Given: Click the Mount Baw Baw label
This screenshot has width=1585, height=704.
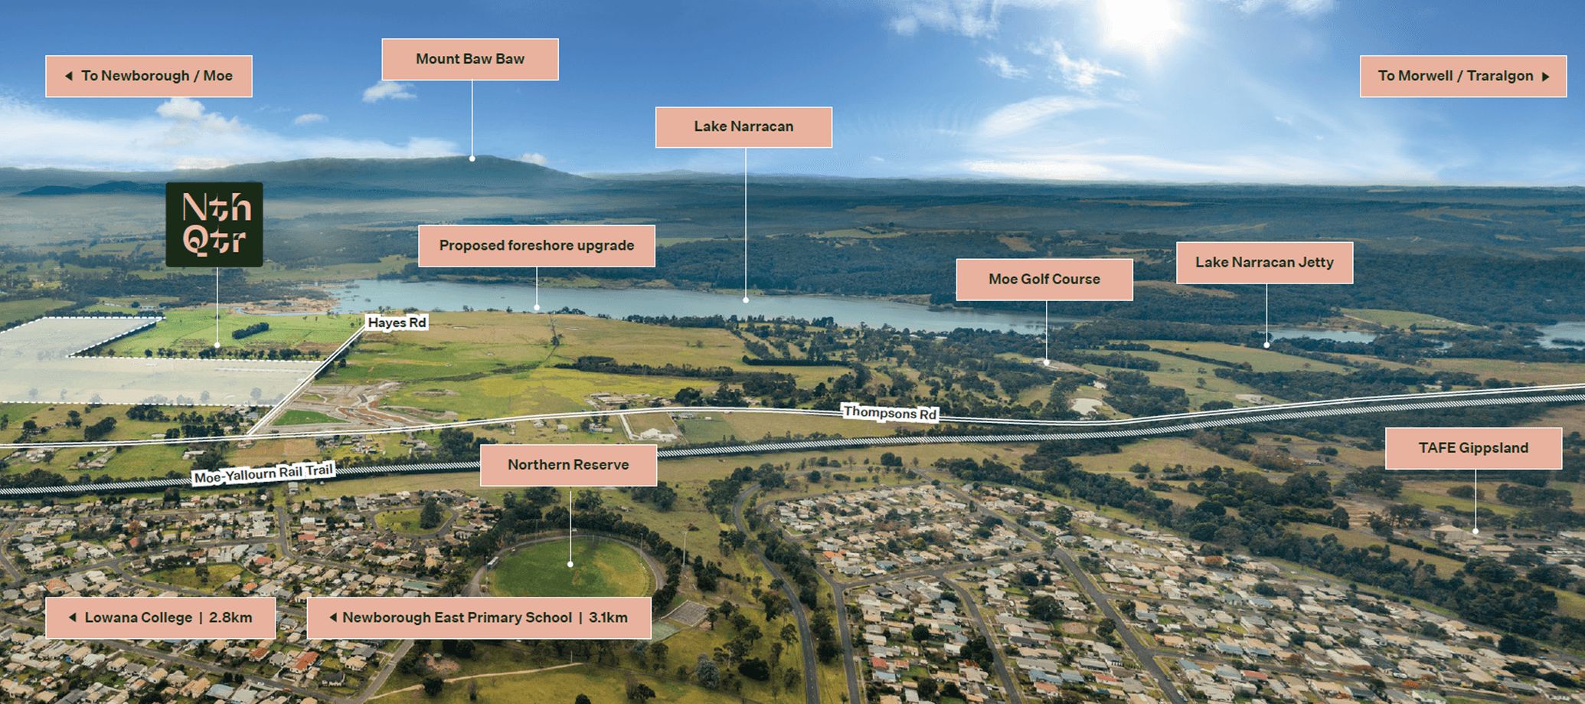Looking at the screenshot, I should (x=470, y=59).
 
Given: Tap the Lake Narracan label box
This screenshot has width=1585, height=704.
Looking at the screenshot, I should (x=743, y=126).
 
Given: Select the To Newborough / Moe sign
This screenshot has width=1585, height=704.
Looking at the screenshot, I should (x=149, y=76).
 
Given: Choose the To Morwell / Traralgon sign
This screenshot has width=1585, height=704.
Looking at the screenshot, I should (x=1462, y=76).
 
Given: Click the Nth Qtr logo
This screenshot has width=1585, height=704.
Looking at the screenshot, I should (x=214, y=224).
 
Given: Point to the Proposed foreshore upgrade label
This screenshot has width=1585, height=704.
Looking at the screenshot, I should (x=536, y=246).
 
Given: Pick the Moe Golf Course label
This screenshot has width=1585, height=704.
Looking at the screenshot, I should (x=1044, y=280).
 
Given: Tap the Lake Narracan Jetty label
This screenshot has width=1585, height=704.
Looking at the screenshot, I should (x=1264, y=263).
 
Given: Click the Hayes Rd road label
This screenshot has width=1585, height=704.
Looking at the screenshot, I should (x=397, y=323).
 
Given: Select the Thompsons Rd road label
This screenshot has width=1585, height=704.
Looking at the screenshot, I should (x=890, y=413).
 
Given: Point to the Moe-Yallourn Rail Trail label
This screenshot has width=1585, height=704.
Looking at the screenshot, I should (x=263, y=474).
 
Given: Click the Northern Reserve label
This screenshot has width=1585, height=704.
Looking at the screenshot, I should (x=568, y=465).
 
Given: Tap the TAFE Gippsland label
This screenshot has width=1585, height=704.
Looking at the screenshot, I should (x=1473, y=448).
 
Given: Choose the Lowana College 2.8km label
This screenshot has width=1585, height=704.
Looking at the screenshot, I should (x=160, y=618).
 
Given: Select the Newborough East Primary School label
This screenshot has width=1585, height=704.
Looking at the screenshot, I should (x=479, y=618).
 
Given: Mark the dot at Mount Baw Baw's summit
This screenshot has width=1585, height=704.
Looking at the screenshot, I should (x=472, y=159).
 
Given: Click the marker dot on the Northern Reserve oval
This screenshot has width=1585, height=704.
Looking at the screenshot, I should (x=570, y=565).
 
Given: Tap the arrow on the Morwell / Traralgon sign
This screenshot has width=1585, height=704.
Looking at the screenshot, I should (x=1546, y=77).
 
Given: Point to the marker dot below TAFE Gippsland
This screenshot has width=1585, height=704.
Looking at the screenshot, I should (x=1476, y=531).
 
